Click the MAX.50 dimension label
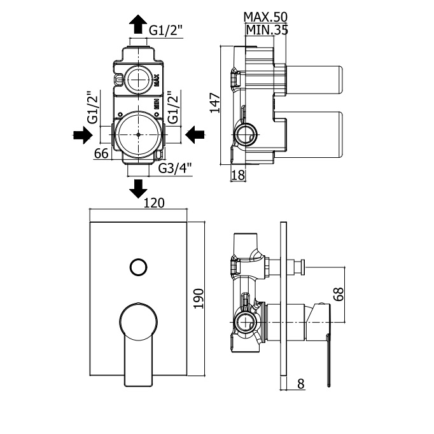tap(265, 17)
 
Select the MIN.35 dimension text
tap(267, 30)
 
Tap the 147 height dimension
tap(215, 103)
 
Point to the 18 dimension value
tap(238, 175)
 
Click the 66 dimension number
tap(101, 153)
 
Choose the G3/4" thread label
tap(175, 168)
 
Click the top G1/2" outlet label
tap(166, 30)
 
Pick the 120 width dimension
tap(154, 203)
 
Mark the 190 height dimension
tap(199, 298)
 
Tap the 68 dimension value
tap(339, 294)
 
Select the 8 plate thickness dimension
tap(301, 384)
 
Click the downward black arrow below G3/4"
tap(138, 189)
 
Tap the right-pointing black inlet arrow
tap(83, 135)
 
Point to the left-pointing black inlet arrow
tap(195, 135)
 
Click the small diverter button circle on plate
tap(138, 267)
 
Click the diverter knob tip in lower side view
tap(303, 267)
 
